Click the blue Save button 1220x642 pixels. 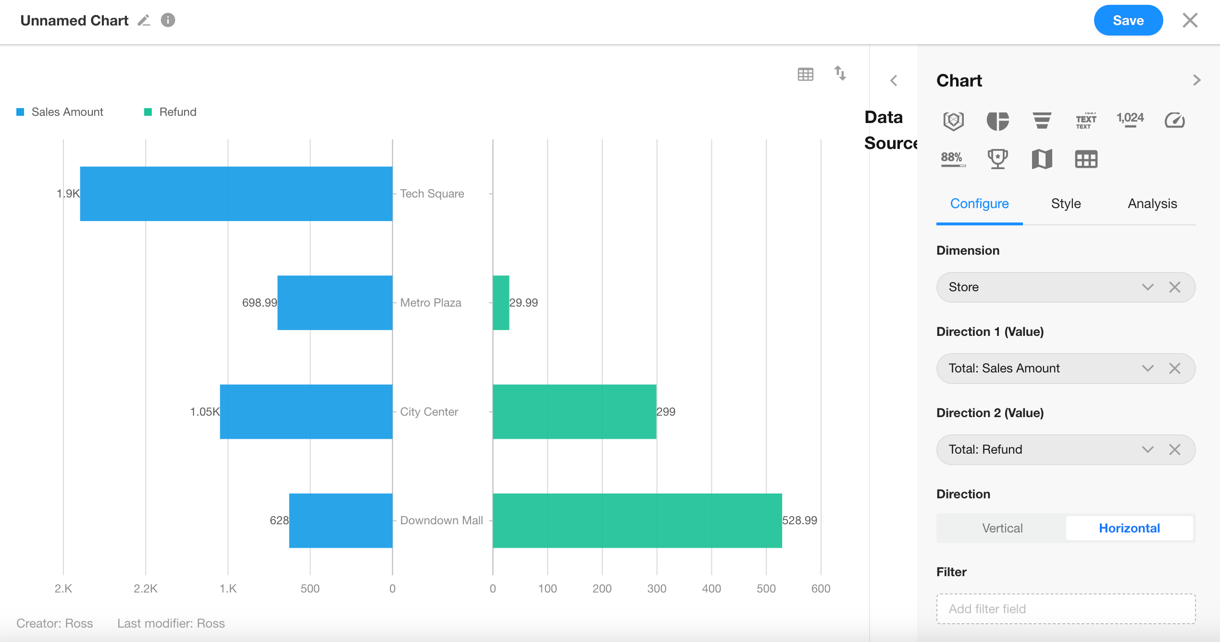1128,21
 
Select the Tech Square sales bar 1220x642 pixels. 236,194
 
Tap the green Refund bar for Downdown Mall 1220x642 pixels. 637,520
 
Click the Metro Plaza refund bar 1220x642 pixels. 501,303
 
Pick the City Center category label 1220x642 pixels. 429,412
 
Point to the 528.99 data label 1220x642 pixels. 799,520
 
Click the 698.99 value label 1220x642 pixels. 260,303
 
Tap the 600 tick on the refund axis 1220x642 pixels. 821,589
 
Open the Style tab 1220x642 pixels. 1066,204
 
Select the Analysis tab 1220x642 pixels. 1152,204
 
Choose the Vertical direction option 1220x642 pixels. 1002,528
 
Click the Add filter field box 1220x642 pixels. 1066,609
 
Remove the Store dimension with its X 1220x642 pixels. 1175,287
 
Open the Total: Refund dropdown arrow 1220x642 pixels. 1148,450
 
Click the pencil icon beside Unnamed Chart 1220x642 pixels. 144,21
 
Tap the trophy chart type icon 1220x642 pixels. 997,159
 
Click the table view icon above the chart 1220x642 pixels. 806,74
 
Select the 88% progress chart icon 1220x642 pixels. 953,159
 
